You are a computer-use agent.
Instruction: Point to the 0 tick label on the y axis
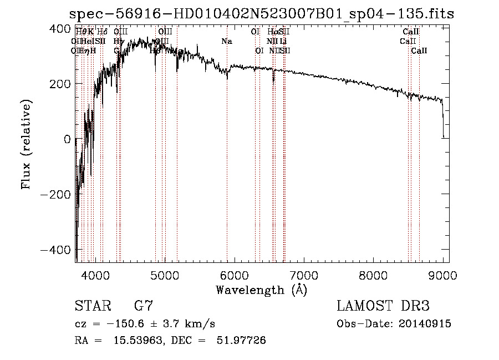[x=67, y=139]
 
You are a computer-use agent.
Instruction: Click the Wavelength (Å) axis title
[x=261, y=290]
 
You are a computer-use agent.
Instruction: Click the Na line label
[x=227, y=41]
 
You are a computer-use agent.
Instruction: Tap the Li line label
[x=283, y=41]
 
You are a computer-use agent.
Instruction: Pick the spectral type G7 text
[x=144, y=307]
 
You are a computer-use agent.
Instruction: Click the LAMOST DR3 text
[x=383, y=307]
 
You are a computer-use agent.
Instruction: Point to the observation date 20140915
[x=425, y=324]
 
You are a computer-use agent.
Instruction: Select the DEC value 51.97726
[x=241, y=341]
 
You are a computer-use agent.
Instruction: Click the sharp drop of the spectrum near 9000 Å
[x=443, y=122]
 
